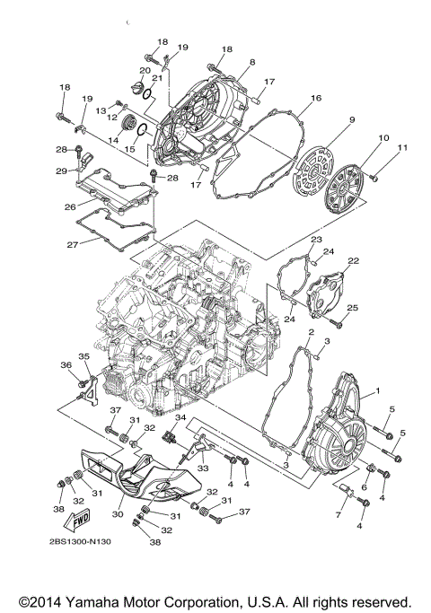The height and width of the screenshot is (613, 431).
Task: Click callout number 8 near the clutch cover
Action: click(252, 61)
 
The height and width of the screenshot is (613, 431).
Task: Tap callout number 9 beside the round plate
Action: click(353, 120)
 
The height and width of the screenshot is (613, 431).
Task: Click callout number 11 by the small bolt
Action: click(403, 146)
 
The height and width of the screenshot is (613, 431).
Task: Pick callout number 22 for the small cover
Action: click(353, 260)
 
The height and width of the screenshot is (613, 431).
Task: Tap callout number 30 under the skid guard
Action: click(118, 515)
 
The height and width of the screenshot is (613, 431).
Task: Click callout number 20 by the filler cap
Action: click(144, 70)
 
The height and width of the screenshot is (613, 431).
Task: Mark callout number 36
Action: click(66, 364)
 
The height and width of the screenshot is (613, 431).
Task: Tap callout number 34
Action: click(180, 418)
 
